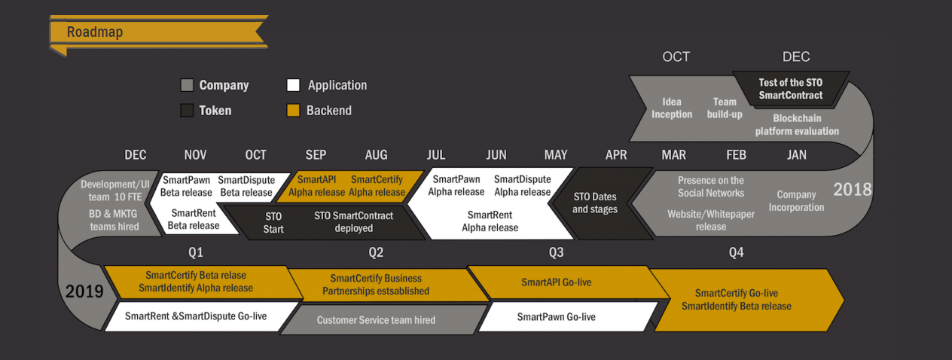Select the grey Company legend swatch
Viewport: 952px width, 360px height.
[x=188, y=86]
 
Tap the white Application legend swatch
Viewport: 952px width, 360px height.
[x=294, y=86]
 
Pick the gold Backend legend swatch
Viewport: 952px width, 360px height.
[x=294, y=111]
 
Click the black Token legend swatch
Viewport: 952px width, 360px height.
[x=188, y=111]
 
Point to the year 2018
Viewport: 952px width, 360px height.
[x=852, y=188]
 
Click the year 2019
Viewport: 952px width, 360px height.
[x=84, y=291]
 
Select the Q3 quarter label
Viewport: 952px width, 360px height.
[x=556, y=252]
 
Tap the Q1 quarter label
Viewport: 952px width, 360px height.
[x=196, y=252]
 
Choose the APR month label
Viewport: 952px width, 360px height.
[x=616, y=155]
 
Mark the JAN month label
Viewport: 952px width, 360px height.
[x=796, y=155]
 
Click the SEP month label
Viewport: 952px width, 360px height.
[x=316, y=155]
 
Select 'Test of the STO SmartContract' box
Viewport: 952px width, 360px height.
[x=791, y=89]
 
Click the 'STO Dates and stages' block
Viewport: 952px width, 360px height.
[x=595, y=203]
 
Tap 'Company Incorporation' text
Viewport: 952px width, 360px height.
[x=796, y=201]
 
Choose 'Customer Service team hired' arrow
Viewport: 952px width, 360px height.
[x=376, y=320]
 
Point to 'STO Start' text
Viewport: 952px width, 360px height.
[x=273, y=222]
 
